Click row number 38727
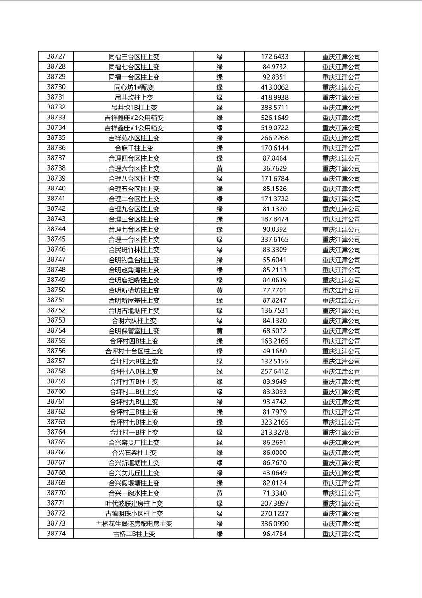click(56, 57)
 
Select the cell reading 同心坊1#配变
click(134, 87)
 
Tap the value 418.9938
click(274, 97)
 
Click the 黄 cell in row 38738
click(220, 168)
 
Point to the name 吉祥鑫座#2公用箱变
click(134, 118)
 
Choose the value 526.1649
click(274, 118)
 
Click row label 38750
click(56, 290)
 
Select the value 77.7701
click(274, 290)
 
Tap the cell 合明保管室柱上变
click(134, 331)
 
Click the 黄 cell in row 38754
click(220, 331)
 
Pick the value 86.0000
click(274, 453)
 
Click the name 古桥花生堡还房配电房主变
click(134, 524)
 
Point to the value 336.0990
click(274, 524)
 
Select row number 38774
click(56, 534)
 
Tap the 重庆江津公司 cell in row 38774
click(341, 534)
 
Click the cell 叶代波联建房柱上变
click(134, 503)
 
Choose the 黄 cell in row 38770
click(220, 493)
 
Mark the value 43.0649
click(274, 473)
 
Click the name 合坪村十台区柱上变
click(134, 351)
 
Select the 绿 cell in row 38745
click(220, 239)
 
